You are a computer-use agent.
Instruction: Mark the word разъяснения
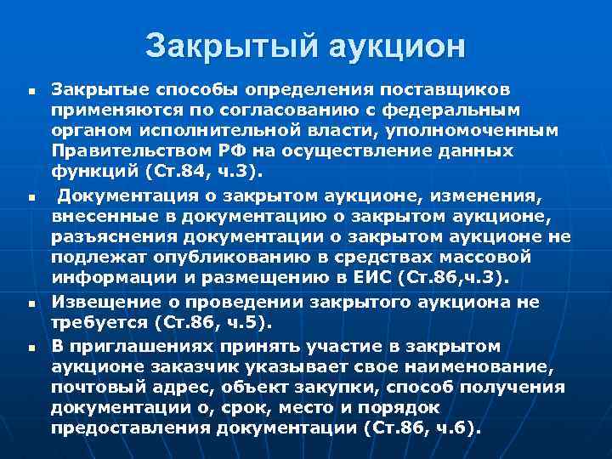click(112, 236)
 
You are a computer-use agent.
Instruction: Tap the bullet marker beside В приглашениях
click(29, 348)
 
